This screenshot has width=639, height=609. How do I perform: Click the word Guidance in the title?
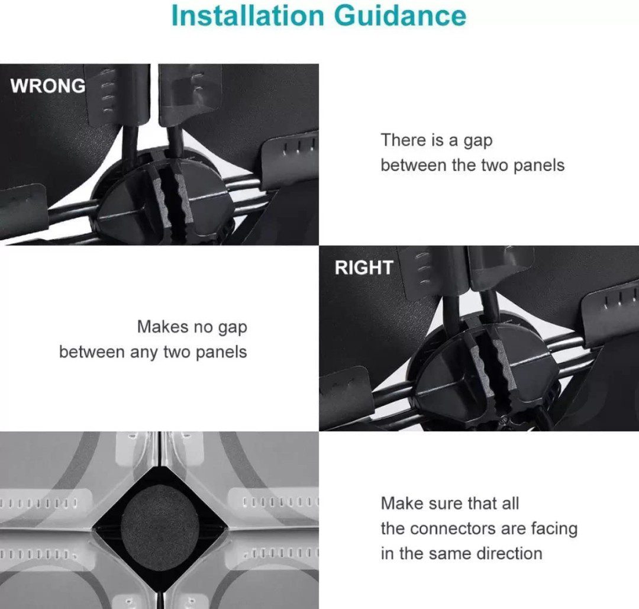pos(400,17)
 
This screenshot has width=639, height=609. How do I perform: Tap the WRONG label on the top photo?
pos(48,86)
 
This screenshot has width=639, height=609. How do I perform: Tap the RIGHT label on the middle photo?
pos(363,268)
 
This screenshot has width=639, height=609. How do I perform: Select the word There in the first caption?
pos(404,140)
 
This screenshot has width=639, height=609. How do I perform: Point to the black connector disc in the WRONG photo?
pos(162,196)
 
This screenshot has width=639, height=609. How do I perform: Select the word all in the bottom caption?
pos(510,504)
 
